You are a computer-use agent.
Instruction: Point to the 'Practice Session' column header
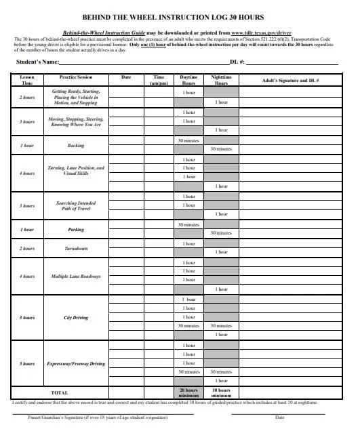click(x=76, y=78)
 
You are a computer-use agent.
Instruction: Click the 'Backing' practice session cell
click(x=76, y=145)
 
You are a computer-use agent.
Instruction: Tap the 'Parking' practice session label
click(x=76, y=230)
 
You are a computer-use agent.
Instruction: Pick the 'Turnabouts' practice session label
click(x=76, y=249)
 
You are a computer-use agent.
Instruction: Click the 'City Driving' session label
click(x=76, y=316)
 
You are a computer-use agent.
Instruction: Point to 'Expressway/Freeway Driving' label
click(x=76, y=363)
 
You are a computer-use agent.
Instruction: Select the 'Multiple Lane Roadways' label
click(x=76, y=277)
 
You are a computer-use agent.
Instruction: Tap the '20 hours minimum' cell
click(x=188, y=392)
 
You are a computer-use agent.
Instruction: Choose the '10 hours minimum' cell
click(x=221, y=392)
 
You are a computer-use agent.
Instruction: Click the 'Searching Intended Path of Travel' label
click(x=76, y=205)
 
